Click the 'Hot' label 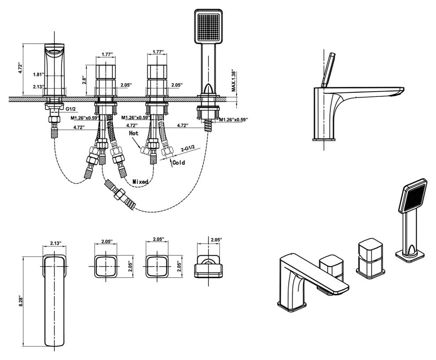tap(133, 132)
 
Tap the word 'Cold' tap(178, 163)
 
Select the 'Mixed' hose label tap(140, 181)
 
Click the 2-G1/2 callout tap(188, 149)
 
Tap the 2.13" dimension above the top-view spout tap(55, 243)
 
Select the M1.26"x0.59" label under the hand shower tap(233, 119)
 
